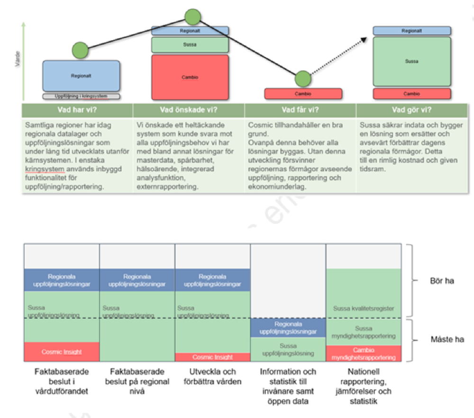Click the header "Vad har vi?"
coord(77,111)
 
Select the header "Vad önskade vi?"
coord(189,111)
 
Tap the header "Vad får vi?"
coord(300,111)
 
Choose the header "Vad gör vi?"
coord(411,111)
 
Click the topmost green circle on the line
coord(192,17)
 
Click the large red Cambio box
coord(190,77)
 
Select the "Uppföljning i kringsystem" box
coord(81,96)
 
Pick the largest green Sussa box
coord(411,61)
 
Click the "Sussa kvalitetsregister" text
coord(364,309)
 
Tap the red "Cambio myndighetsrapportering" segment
coord(364,354)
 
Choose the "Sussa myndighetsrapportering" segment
coord(364,332)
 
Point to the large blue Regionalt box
coord(81,76)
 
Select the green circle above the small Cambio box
coord(303,79)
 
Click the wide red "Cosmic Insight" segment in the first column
coord(62,352)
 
